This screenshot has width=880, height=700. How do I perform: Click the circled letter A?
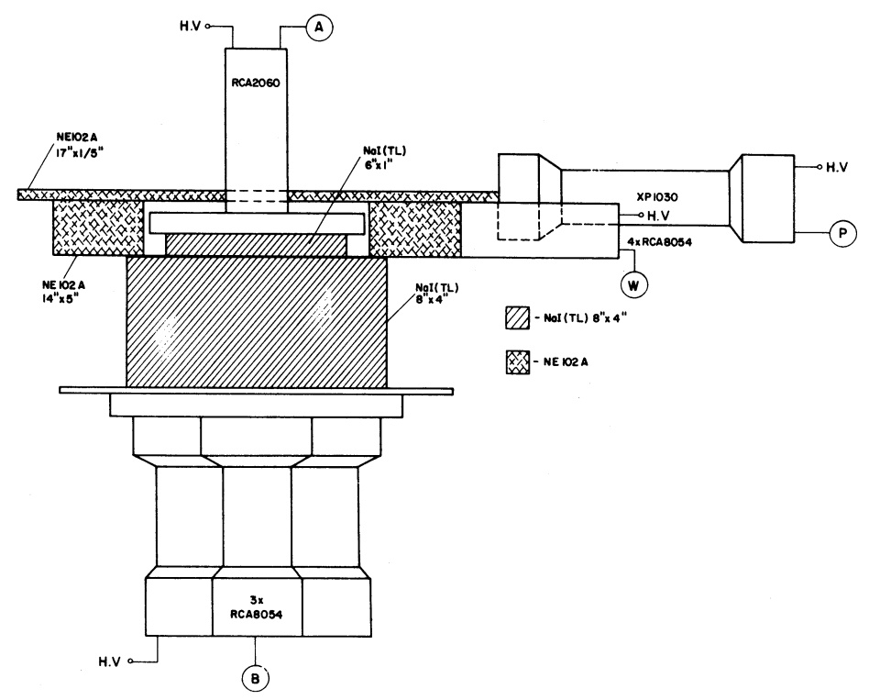[x=318, y=28]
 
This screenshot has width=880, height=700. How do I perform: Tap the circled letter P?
[x=841, y=234]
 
